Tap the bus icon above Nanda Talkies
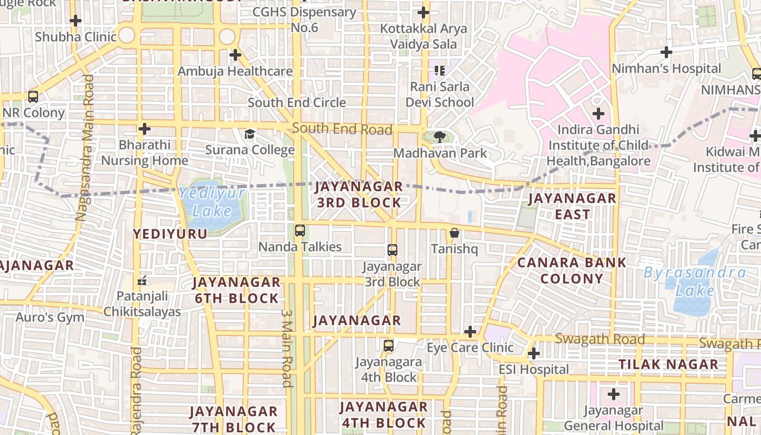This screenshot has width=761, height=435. pyautogui.click(x=300, y=231)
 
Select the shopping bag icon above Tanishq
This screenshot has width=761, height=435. pyautogui.click(x=454, y=233)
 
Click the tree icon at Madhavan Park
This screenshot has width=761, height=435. pyautogui.click(x=440, y=137)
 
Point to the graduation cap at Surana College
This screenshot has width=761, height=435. pyautogui.click(x=249, y=134)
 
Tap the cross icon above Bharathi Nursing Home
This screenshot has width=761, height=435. pyautogui.click(x=144, y=129)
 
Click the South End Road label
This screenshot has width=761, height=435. pyautogui.click(x=342, y=129)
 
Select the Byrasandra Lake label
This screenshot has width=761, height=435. pyautogui.click(x=695, y=281)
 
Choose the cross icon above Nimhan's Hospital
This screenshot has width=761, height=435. pyautogui.click(x=666, y=52)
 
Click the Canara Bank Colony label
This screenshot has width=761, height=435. pyautogui.click(x=571, y=270)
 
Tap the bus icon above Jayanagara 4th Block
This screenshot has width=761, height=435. pyautogui.click(x=388, y=346)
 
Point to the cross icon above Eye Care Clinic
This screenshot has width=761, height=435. pyautogui.click(x=470, y=332)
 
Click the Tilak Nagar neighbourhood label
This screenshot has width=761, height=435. pyautogui.click(x=669, y=364)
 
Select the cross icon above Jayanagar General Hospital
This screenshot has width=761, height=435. pyautogui.click(x=614, y=394)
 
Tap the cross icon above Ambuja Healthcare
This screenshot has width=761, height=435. pyautogui.click(x=235, y=55)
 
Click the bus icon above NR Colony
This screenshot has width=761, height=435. pyautogui.click(x=33, y=97)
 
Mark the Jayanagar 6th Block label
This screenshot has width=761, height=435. pyautogui.click(x=236, y=290)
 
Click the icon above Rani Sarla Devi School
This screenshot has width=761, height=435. pyautogui.click(x=440, y=70)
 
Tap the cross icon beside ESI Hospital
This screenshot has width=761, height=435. pyautogui.click(x=534, y=353)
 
